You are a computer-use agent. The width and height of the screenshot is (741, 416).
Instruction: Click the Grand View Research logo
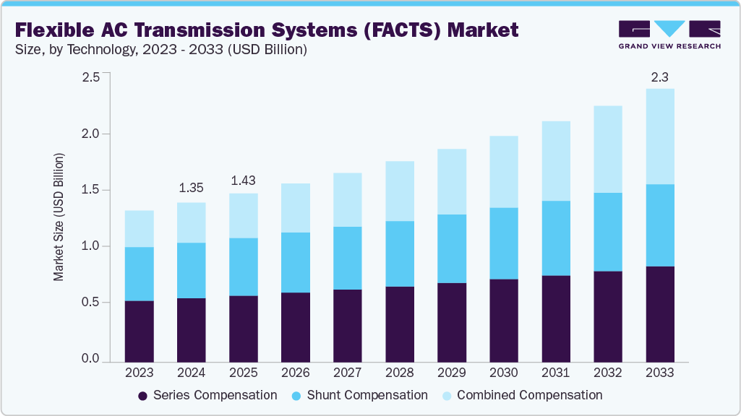point(669,33)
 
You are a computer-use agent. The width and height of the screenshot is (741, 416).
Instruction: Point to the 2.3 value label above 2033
point(659,77)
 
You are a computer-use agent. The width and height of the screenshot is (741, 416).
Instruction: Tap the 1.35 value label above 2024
point(191,188)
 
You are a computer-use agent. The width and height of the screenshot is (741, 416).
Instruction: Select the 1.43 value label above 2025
point(243,180)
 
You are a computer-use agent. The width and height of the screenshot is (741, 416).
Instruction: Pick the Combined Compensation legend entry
point(521,395)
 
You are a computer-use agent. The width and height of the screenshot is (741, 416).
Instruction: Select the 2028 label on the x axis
point(400,373)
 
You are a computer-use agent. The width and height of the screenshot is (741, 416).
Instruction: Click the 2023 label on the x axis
point(139,373)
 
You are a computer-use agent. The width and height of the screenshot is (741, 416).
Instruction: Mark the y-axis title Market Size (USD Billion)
point(59,217)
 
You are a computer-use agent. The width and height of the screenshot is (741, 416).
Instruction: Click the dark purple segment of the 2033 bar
point(660,314)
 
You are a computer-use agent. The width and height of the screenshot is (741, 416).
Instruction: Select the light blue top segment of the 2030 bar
point(504,172)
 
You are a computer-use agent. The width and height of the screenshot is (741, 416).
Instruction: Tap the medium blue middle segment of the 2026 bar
point(296,262)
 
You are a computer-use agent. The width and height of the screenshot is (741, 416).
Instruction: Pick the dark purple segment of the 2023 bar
point(139,331)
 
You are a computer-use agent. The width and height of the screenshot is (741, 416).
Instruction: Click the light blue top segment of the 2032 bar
point(608,149)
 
